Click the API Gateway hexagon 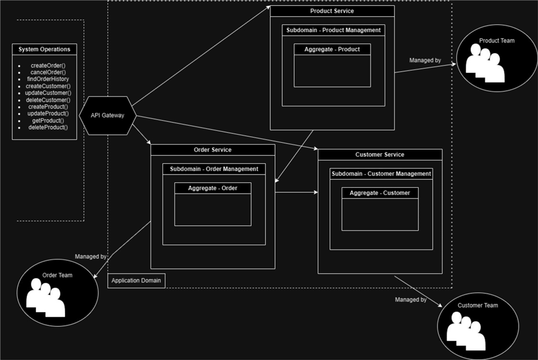(108, 115)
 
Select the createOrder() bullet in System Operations (48, 65)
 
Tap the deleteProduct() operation (48, 127)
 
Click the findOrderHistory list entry (48, 79)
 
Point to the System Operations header (44, 49)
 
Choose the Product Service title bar (332, 11)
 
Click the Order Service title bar (212, 150)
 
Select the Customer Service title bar (380, 154)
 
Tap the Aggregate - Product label (332, 49)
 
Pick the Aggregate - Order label (212, 188)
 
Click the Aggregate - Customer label (380, 193)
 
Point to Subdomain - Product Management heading (332, 30)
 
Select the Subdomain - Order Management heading (214, 169)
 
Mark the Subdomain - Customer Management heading (381, 173)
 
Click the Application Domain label (136, 280)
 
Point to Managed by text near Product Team (425, 60)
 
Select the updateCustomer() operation (48, 93)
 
